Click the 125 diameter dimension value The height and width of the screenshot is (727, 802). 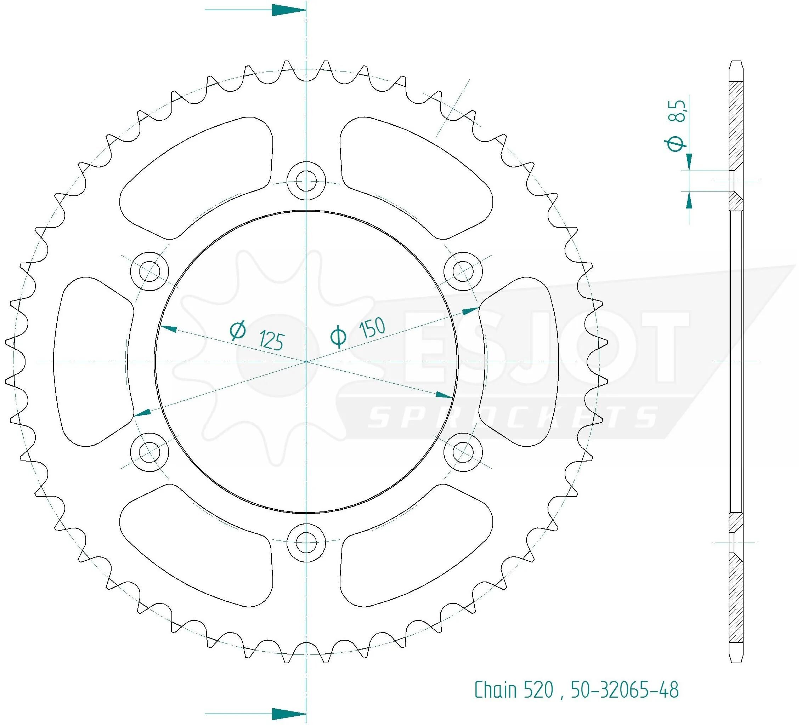272,340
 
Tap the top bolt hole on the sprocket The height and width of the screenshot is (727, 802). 306,181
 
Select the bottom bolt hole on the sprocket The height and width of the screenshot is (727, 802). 306,542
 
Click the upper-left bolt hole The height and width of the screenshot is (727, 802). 149,271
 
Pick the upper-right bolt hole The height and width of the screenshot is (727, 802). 463,271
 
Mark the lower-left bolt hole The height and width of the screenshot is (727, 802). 149,452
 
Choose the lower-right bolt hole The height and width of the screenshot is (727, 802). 463,452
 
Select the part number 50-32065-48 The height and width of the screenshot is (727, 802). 625,690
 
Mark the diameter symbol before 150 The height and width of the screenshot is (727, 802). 338,336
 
